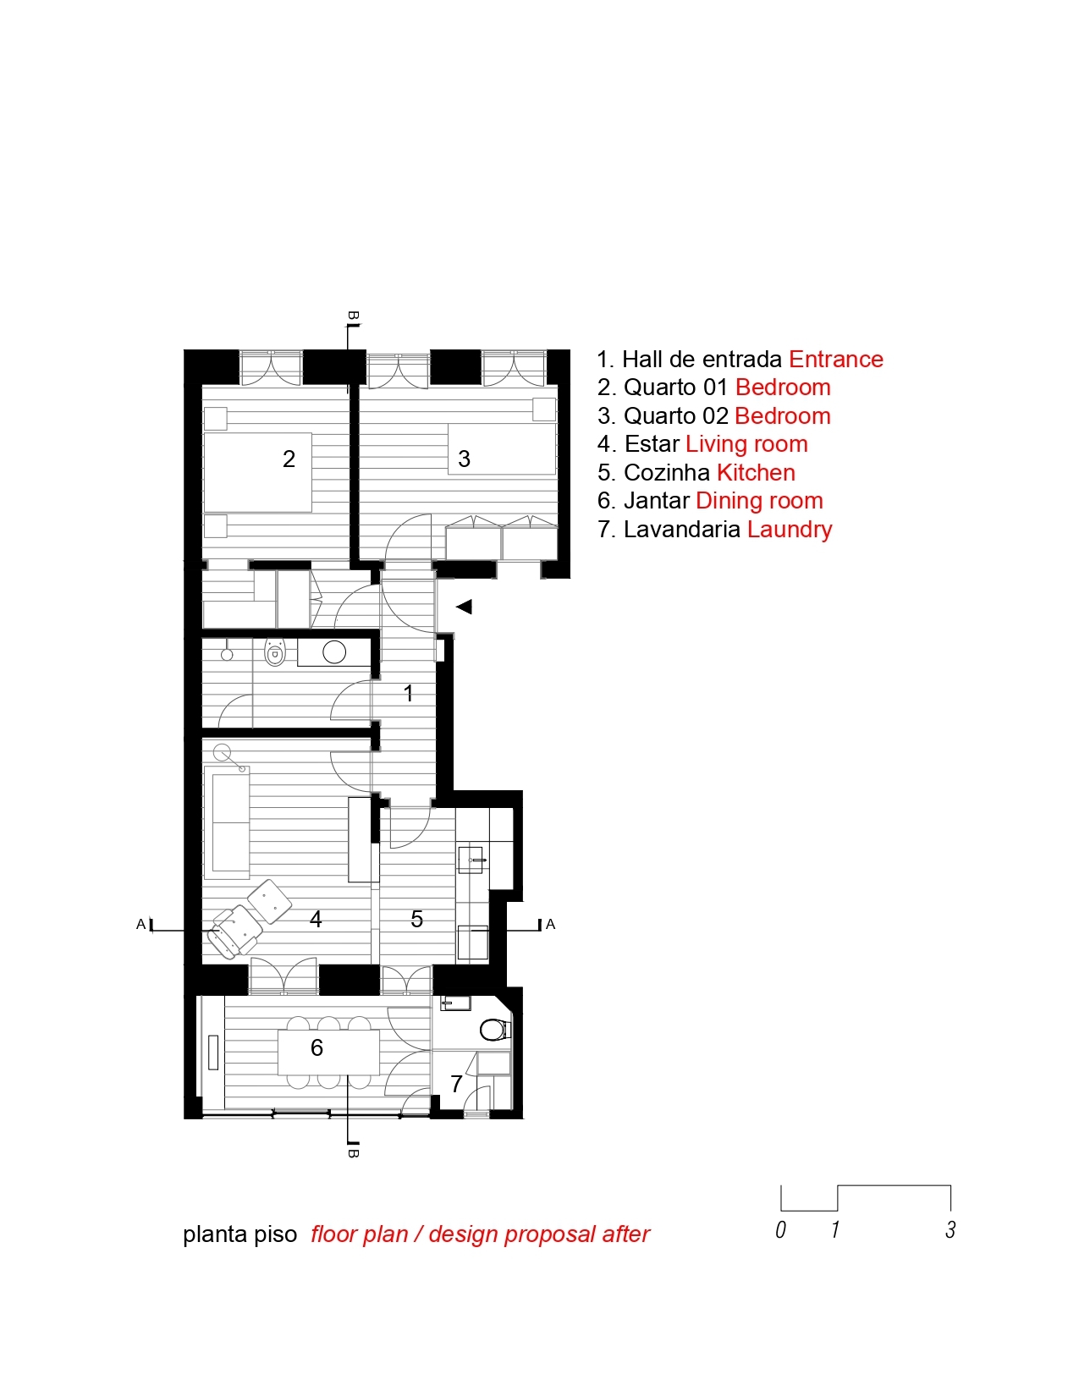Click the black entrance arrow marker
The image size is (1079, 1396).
[465, 607]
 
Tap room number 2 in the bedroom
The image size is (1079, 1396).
[289, 459]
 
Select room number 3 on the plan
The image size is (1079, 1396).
[464, 459]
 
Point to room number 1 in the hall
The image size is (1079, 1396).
[408, 693]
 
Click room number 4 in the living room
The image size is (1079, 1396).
[316, 920]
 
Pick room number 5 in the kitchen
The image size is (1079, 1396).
[417, 920]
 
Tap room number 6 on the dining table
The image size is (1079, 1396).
[317, 1047]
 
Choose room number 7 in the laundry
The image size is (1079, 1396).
[456, 1084]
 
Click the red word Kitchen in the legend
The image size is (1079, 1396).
[756, 472]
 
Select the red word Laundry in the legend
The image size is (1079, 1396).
[790, 530]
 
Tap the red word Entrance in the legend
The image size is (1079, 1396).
[835, 359]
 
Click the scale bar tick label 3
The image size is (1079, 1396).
[950, 1229]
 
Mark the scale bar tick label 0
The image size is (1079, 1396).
[781, 1229]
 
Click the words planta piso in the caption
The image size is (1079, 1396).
[239, 1234]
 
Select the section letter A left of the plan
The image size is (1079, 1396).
[140, 925]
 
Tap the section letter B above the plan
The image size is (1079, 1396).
[353, 316]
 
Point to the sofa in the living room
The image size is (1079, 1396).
[227, 822]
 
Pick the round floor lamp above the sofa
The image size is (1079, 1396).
[223, 752]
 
